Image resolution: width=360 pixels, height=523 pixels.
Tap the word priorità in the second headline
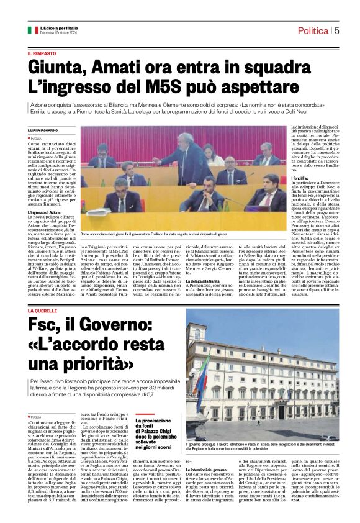88,362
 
